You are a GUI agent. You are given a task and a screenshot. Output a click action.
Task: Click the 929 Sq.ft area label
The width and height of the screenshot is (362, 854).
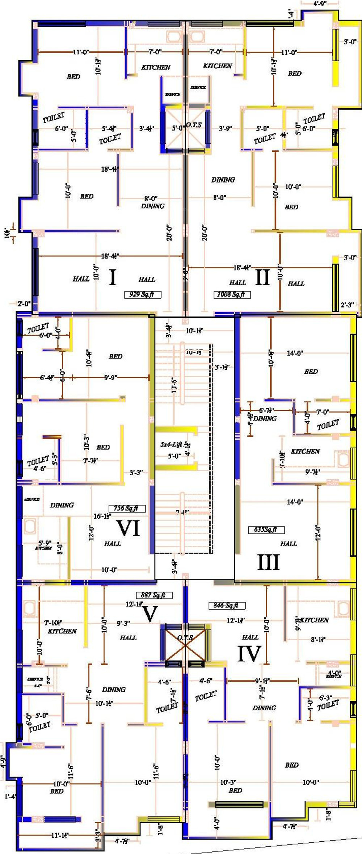tap(142, 294)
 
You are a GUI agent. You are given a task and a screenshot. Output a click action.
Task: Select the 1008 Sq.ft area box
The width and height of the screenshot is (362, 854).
tap(232, 294)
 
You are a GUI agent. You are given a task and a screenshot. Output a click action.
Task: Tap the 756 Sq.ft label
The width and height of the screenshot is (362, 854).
tap(127, 508)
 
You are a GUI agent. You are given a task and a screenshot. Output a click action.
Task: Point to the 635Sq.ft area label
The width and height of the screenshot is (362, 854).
tap(266, 529)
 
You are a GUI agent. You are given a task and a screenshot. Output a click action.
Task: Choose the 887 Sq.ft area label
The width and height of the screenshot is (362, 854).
tap(154, 595)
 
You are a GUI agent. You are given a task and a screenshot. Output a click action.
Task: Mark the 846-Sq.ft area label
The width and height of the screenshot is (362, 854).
tap(227, 605)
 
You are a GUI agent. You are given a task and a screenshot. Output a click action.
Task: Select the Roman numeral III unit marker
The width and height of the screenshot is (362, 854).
tap(268, 562)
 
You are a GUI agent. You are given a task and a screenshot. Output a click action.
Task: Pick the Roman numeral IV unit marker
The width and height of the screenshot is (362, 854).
tap(249, 654)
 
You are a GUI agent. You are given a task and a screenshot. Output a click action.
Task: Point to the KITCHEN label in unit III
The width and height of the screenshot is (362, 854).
tap(305, 451)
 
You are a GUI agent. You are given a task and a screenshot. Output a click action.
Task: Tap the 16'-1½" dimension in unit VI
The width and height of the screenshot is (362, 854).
tap(102, 516)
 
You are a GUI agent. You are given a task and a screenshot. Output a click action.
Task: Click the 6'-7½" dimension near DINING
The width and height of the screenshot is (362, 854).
tap(266, 410)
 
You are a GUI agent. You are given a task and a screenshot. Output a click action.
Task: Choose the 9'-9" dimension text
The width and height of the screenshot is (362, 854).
tap(110, 377)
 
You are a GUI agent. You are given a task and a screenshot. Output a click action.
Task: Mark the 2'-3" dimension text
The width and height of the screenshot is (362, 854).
tap(348, 305)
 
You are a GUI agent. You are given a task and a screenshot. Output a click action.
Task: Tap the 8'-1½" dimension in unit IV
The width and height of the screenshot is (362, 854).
tap(318, 640)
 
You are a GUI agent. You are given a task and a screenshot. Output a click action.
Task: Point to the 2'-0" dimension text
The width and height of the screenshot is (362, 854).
tap(24, 303)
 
